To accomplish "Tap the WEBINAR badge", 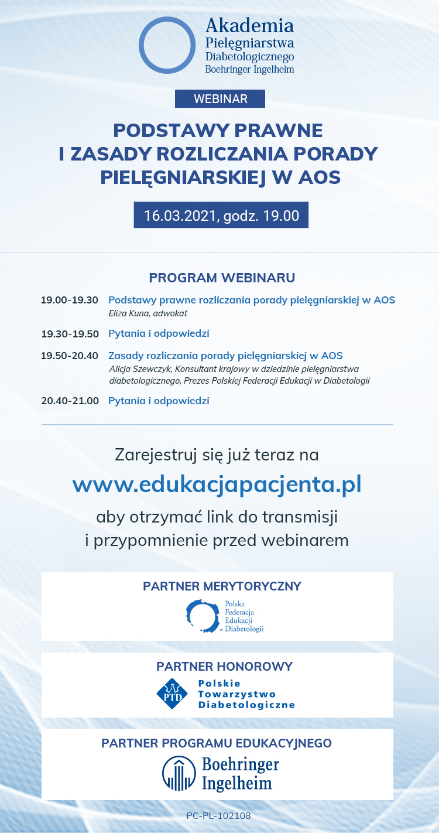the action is [x=220, y=98].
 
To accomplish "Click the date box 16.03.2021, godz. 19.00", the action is [x=221, y=215].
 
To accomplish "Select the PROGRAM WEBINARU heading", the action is [x=222, y=278].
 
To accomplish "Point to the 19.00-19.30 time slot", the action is [x=70, y=300].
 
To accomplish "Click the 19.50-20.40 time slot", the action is [x=70, y=356].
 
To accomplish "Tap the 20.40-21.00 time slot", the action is [x=70, y=401].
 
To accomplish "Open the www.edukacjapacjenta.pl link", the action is [x=217, y=484].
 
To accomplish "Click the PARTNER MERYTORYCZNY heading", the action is [x=222, y=586].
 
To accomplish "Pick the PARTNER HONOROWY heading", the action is [x=225, y=667].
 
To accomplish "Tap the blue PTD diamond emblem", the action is [x=172, y=694].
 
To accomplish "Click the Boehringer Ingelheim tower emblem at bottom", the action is [x=179, y=773].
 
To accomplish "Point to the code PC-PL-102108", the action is [x=218, y=815].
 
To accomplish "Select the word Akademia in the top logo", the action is [x=250, y=26].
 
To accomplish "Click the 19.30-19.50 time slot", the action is [x=70, y=334].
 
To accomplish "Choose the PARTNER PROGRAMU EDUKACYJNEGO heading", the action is [x=217, y=743].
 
